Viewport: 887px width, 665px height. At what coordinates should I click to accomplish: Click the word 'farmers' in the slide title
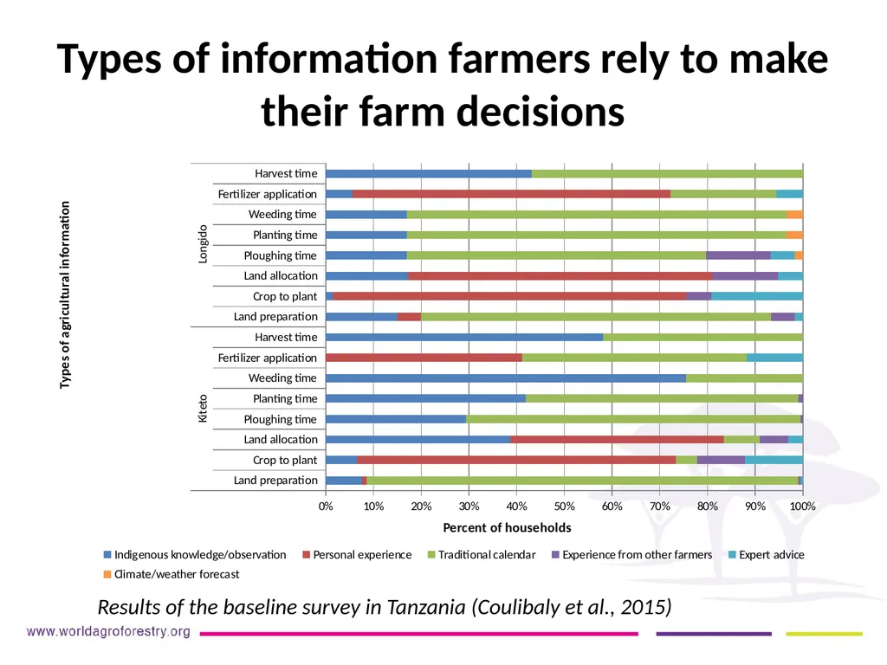tap(519, 58)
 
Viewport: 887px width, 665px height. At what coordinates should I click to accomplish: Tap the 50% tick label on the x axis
tap(564, 506)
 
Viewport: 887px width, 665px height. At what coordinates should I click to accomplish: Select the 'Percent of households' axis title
tap(507, 527)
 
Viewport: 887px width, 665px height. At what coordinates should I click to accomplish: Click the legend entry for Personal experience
tap(357, 555)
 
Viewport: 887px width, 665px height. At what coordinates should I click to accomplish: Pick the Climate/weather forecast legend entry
tap(172, 574)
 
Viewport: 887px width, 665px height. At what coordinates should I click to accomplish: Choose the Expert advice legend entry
tap(766, 555)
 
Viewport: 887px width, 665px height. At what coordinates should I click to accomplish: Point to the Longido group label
tap(203, 244)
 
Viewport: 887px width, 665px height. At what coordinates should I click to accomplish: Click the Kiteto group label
tap(203, 409)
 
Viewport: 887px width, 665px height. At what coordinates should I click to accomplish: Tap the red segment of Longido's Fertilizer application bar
tap(511, 194)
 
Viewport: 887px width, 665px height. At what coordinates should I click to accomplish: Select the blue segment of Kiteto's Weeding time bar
tap(506, 378)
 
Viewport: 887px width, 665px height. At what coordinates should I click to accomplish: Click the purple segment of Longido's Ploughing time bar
tap(738, 255)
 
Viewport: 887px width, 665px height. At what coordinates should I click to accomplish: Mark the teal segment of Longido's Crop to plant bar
tap(757, 296)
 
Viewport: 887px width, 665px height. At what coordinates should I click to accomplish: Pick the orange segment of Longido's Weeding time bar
tap(795, 215)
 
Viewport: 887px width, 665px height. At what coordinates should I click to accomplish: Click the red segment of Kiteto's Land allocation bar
tap(617, 439)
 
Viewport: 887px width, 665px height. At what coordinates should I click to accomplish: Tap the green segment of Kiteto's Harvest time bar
tap(702, 338)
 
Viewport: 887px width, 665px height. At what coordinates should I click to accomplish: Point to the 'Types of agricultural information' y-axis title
tap(65, 294)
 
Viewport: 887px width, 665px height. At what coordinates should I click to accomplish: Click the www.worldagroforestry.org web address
tap(108, 631)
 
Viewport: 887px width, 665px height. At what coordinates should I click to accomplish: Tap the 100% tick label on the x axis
tap(803, 506)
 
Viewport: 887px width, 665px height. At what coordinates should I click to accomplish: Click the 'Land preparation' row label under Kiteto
tap(275, 480)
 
